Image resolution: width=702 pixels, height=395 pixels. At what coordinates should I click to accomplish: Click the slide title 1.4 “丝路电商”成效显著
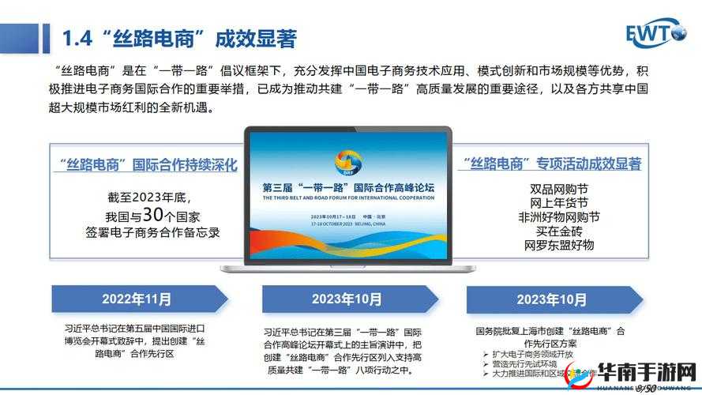tap(179, 37)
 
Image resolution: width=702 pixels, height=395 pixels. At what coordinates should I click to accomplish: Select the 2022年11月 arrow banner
tap(138, 299)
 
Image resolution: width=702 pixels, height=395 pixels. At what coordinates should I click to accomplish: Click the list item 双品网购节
tap(558, 189)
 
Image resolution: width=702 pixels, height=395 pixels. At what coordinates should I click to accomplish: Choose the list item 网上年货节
tap(558, 203)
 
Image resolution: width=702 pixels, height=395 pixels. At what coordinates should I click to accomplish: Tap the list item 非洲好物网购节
tap(558, 217)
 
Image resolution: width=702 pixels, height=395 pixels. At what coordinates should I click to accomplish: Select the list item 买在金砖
tap(558, 231)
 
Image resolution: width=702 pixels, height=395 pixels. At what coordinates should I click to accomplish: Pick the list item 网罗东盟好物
tap(558, 246)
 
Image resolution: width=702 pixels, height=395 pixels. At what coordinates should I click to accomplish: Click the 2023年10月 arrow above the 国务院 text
tap(551, 299)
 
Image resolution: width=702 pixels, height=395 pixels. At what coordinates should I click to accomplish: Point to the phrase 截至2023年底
tap(149, 197)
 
